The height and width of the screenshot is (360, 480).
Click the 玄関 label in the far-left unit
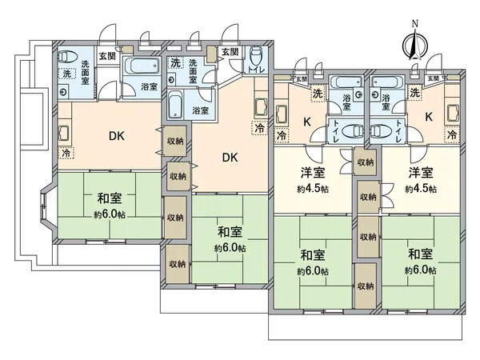[x=106, y=55]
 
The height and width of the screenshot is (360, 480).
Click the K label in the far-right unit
[x=429, y=117]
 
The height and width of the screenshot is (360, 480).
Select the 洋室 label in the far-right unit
[x=420, y=172]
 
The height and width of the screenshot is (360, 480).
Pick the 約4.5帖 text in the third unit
[x=312, y=190]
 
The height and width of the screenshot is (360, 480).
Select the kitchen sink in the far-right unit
[x=453, y=112]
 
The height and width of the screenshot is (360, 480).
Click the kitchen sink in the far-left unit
[x=65, y=131]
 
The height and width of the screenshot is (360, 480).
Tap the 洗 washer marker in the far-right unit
[x=414, y=94]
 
